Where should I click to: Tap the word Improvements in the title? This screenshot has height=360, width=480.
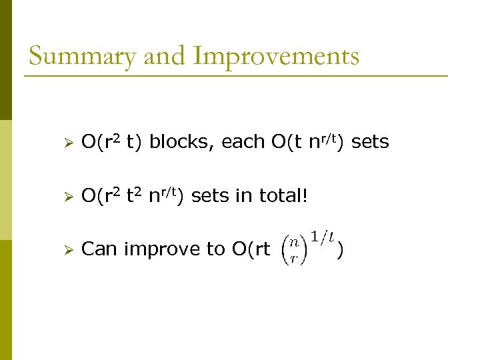275,56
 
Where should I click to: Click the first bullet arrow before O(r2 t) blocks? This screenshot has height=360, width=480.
65,142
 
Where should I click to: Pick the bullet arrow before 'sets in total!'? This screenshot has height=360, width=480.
65,196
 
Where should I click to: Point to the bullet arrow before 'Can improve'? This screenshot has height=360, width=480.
65,249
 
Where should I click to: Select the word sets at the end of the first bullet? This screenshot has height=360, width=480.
369,142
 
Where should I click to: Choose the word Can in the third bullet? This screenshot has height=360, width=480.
99,249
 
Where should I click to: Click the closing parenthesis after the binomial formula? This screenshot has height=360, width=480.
341,250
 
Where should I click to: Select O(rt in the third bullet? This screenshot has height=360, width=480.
250,249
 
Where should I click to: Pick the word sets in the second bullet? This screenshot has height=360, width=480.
210,196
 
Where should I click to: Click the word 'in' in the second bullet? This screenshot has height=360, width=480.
240,196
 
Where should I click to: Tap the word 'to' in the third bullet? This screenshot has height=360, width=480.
215,249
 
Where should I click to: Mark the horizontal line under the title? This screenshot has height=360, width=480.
236,76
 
